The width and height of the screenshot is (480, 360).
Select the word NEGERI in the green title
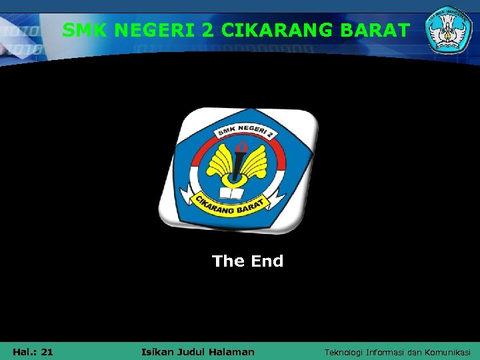tap(154, 30)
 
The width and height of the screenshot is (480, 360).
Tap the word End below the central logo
tap(267, 261)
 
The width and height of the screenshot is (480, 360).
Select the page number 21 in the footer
tap(47, 351)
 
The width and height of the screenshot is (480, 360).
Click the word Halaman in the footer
tap(233, 351)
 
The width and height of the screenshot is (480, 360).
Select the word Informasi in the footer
tap(392, 351)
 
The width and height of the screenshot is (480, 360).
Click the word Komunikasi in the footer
tap(447, 351)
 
